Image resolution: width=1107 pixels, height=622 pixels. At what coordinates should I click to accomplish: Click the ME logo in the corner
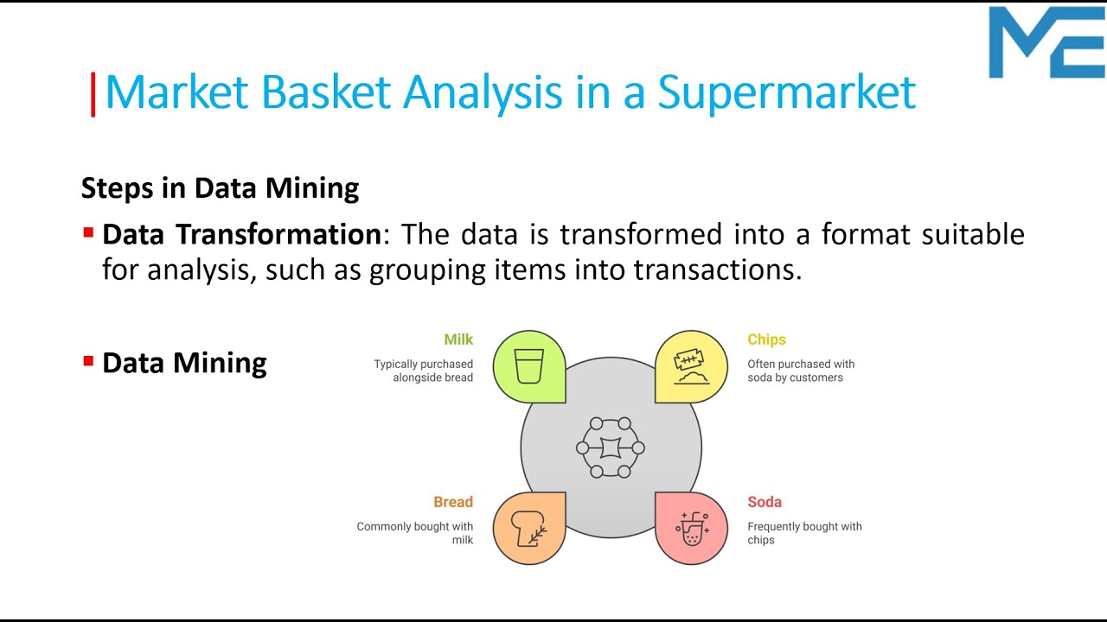pos(1046,43)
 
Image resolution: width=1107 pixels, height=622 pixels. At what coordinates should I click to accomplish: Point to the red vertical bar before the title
pos(93,94)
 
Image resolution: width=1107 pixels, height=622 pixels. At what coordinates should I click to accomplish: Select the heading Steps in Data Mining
pos(220,187)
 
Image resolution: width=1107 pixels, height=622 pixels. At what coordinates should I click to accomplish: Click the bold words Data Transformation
pos(241,234)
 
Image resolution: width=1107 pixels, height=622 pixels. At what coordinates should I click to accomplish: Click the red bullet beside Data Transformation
pos(88,233)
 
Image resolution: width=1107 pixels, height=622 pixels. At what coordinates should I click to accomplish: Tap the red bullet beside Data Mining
pos(88,361)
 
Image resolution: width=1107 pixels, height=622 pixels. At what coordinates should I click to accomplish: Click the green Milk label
pos(458,340)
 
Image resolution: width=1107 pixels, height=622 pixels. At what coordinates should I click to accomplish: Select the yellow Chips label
pos(766,340)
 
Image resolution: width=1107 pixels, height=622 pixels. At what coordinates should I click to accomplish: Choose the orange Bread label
pos(453,502)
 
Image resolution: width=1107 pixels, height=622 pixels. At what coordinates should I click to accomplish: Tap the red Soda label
pos(765,502)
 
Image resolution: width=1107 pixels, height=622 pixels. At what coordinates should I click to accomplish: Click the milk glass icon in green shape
pos(528,366)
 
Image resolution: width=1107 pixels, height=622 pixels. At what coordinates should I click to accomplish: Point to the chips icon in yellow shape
pos(691,366)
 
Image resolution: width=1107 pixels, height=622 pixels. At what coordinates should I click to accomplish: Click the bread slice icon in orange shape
pos(529,528)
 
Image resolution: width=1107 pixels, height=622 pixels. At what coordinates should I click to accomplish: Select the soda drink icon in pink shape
pos(691,528)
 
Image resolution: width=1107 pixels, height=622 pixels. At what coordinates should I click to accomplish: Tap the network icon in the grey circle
pos(611,447)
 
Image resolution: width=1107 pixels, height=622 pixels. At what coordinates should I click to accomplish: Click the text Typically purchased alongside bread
pos(424,371)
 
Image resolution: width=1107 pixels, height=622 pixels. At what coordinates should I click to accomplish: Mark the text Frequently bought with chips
pos(804,533)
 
